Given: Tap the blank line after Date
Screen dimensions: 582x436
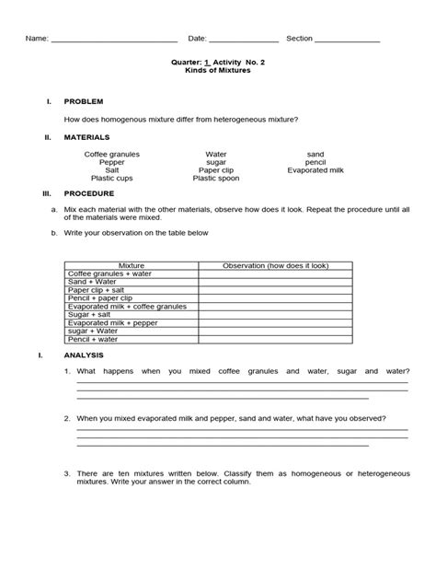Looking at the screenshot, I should tap(244, 41).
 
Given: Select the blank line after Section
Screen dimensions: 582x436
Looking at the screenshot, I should tap(348, 41).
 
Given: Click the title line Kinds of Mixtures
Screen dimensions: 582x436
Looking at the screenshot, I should tap(212, 69).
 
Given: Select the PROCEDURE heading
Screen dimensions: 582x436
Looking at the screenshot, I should tap(89, 194).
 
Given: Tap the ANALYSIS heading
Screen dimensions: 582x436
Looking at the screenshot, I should tap(85, 355).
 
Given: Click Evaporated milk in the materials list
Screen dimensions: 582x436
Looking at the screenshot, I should tap(316, 170).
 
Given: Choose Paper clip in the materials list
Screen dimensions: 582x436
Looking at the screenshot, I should tap(216, 170).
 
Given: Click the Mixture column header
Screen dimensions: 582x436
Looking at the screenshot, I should tap(132, 265).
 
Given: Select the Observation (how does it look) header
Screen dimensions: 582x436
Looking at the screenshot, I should tap(276, 265).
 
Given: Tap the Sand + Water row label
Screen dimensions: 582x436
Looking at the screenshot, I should tap(92, 281).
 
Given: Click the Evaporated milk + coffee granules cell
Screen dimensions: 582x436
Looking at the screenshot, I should tap(127, 306).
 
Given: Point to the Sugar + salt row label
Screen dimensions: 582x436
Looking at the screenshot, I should tap(89, 314).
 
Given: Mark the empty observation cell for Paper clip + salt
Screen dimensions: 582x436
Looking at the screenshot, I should tap(276, 289).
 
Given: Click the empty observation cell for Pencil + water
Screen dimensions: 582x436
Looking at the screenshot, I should tap(276, 339).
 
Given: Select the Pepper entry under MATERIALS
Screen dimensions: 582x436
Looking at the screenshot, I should tap(112, 162).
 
